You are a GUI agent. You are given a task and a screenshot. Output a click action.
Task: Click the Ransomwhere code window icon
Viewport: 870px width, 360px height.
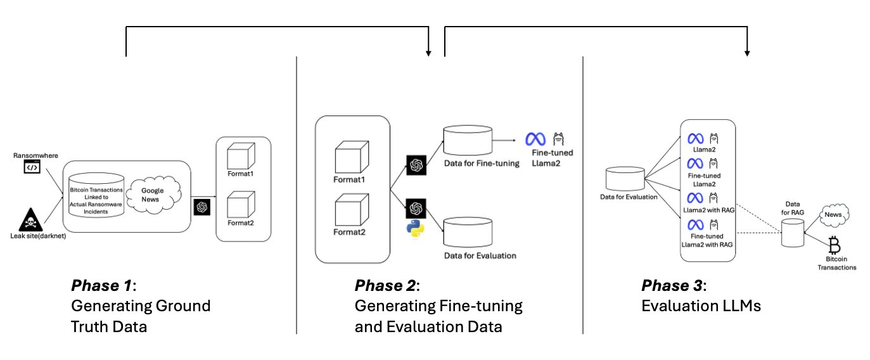pos(32,167)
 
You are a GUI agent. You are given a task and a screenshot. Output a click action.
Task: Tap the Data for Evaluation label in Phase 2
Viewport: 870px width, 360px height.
pos(480,255)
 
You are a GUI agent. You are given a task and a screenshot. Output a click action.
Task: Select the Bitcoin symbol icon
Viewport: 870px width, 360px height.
pos(835,244)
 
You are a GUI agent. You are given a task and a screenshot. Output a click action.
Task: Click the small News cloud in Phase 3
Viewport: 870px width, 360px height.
pos(833,215)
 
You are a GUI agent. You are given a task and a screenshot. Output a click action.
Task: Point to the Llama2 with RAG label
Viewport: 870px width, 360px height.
pos(709,210)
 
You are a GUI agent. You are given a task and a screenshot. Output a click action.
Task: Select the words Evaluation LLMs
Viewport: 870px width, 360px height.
pos(701,306)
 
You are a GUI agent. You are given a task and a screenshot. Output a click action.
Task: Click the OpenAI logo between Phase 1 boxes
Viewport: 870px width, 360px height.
pos(202,207)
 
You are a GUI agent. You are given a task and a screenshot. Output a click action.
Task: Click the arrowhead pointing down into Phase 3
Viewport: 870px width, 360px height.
pos(748,52)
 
